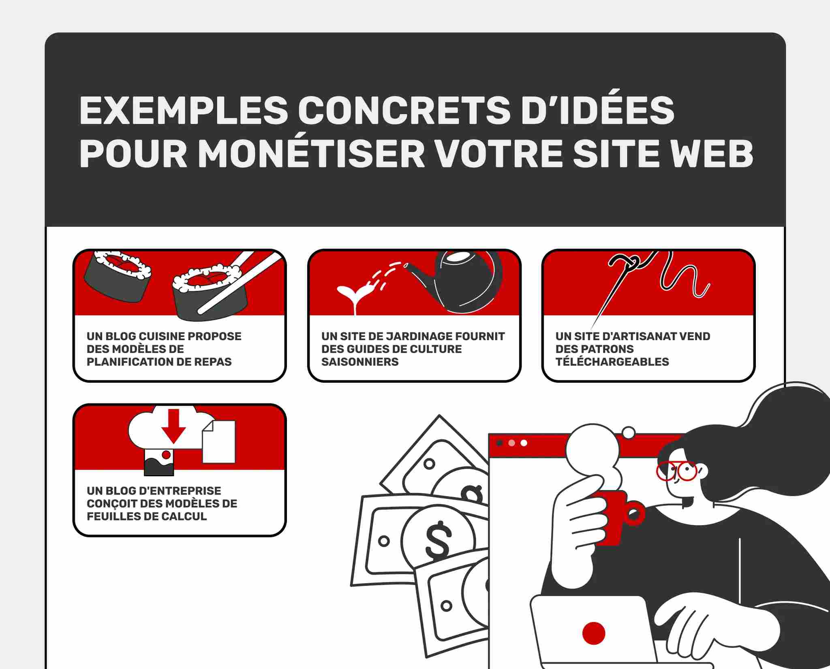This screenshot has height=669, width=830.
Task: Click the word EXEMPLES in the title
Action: (x=183, y=110)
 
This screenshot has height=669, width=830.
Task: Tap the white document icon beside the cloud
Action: (x=219, y=442)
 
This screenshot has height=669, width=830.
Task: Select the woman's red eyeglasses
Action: (x=676, y=471)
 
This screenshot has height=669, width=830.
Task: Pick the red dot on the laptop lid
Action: (x=593, y=633)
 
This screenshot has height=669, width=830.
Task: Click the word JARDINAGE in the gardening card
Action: (x=419, y=337)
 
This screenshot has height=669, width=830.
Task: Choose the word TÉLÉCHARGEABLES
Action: (x=612, y=362)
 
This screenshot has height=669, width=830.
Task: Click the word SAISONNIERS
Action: (x=360, y=362)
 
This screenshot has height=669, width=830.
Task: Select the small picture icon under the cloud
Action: (x=159, y=462)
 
